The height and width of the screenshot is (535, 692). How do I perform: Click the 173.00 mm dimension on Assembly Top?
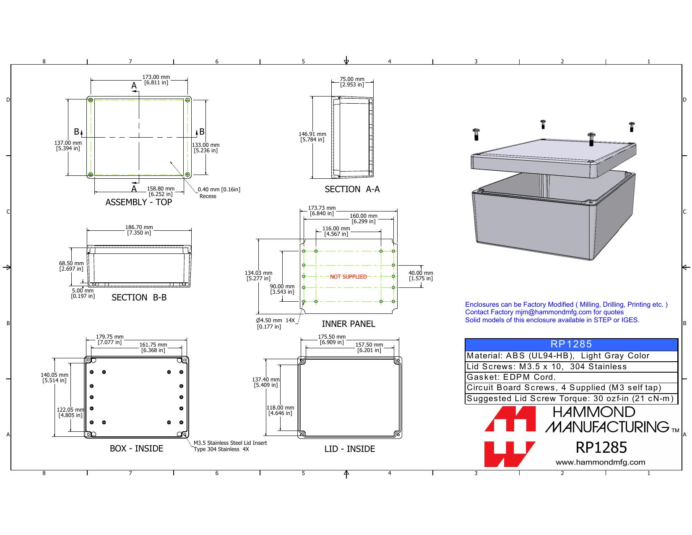(x=156, y=80)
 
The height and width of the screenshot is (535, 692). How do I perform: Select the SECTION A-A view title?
(x=352, y=189)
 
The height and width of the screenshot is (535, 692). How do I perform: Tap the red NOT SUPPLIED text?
(x=349, y=277)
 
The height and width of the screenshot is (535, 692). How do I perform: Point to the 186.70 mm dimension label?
(x=139, y=230)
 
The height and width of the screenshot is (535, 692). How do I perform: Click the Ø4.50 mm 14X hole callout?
(x=276, y=324)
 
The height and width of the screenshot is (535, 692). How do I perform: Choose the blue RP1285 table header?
(x=571, y=344)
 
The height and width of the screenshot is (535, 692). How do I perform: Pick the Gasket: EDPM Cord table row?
(x=571, y=377)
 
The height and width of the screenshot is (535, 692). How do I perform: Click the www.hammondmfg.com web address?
(x=600, y=462)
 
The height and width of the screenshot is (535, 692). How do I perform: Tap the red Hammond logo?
(x=510, y=436)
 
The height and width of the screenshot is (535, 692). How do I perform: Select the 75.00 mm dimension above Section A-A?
(x=352, y=82)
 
